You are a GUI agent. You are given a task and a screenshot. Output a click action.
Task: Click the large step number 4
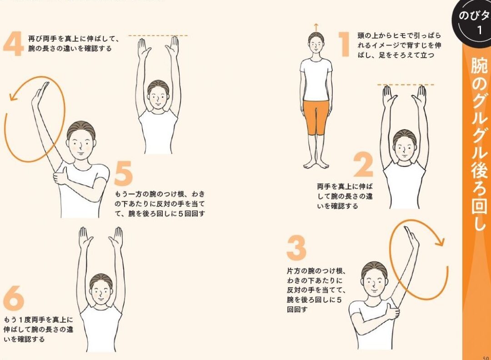(x=13, y=44)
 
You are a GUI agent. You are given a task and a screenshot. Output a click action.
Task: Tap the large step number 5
(x=123, y=173)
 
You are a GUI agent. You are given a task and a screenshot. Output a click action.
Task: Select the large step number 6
(x=14, y=298)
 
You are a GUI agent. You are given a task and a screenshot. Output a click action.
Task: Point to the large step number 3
(x=296, y=248)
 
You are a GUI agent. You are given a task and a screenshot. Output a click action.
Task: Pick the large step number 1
(x=345, y=44)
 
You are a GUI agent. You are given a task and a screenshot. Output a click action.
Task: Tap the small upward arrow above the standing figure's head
(x=316, y=27)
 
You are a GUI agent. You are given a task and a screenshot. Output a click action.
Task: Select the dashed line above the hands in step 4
(x=158, y=36)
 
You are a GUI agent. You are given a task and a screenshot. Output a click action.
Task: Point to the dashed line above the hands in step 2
(x=406, y=85)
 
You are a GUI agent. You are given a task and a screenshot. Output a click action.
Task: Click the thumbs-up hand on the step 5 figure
(x=61, y=176)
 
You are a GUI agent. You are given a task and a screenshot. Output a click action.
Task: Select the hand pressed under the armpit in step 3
(x=392, y=312)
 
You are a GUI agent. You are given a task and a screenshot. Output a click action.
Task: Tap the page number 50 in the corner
(x=486, y=358)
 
